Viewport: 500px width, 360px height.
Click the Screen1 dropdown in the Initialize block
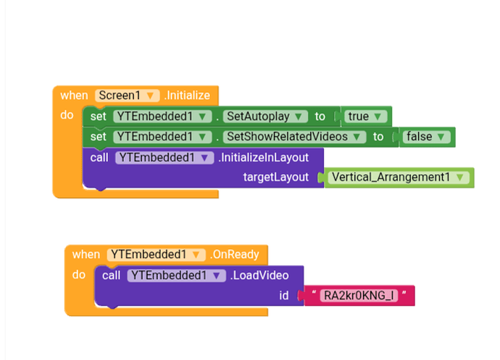coord(127,96)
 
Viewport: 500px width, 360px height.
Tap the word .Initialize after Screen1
coord(187,96)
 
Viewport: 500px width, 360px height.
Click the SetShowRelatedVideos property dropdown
coord(293,136)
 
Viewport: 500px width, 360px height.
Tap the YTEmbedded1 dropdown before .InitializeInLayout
coord(164,157)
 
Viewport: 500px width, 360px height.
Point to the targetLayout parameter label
coord(275,177)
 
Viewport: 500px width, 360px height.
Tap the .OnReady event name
coord(236,254)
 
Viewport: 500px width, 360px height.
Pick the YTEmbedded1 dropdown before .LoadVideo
coord(176,275)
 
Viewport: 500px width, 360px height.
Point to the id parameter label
coord(283,296)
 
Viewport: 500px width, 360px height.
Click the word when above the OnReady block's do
coord(86,254)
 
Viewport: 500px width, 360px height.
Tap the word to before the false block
coord(378,136)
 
